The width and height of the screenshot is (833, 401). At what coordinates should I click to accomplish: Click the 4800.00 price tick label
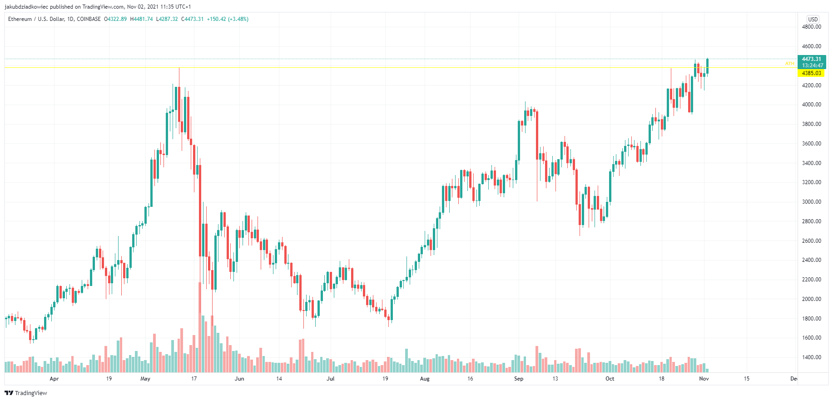click(811, 27)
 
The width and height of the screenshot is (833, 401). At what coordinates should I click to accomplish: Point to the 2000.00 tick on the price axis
click(811, 299)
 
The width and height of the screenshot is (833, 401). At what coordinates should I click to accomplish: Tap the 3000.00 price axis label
click(811, 202)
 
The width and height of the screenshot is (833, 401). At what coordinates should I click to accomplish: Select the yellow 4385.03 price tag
click(811, 73)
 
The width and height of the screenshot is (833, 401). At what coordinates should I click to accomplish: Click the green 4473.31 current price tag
click(811, 59)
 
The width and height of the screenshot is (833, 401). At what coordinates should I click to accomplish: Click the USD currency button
click(813, 19)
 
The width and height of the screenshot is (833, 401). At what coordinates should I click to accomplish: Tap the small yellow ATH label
click(789, 64)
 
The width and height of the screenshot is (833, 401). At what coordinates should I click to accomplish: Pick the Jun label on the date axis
click(239, 379)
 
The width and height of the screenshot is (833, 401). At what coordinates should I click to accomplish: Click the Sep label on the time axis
click(519, 379)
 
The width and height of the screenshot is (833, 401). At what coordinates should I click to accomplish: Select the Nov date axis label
click(704, 379)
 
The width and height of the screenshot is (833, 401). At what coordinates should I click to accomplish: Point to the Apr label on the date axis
click(54, 379)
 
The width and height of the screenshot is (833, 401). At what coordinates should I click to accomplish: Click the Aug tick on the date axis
click(425, 379)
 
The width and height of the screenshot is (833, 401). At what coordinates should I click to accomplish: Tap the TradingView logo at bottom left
click(26, 393)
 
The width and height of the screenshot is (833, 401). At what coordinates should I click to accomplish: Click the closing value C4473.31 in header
click(192, 19)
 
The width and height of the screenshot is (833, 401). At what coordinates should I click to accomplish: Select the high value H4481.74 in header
click(141, 19)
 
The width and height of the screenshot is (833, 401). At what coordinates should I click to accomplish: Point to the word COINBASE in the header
click(89, 19)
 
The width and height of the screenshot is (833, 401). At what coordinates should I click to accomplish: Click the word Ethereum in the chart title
click(20, 19)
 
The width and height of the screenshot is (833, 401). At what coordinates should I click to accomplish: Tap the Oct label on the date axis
click(610, 379)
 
